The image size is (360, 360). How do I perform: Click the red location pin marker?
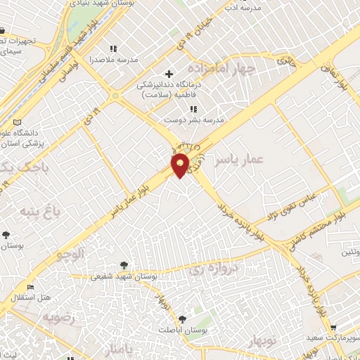point(181,165)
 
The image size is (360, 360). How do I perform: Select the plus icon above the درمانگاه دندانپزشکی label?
point(169,74)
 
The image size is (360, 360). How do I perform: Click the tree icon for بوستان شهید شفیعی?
point(124,265)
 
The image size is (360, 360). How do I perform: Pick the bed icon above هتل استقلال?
point(30,288)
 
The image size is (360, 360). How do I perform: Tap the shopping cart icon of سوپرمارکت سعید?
point(333,328)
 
